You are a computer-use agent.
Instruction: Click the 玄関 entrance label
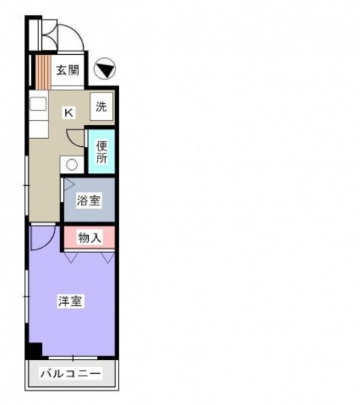(x=68, y=69)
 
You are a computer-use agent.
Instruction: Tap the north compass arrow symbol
(x=105, y=69)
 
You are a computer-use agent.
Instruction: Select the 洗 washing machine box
(x=101, y=106)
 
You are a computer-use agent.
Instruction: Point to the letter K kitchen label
(x=69, y=113)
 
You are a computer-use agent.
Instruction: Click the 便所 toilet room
(x=101, y=151)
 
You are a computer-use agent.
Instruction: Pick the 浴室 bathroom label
(x=89, y=200)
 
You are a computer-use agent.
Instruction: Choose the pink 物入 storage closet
(x=90, y=237)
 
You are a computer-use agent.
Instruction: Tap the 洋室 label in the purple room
(x=70, y=301)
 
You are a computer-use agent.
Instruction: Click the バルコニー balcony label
(x=70, y=373)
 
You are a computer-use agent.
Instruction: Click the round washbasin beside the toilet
(x=72, y=165)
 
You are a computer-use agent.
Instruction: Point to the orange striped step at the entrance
(x=43, y=72)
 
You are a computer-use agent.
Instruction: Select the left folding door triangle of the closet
(x=71, y=257)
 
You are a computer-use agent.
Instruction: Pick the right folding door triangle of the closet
(x=108, y=257)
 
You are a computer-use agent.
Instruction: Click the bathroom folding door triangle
(x=69, y=184)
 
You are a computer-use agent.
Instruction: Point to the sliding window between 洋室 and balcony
(x=73, y=358)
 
